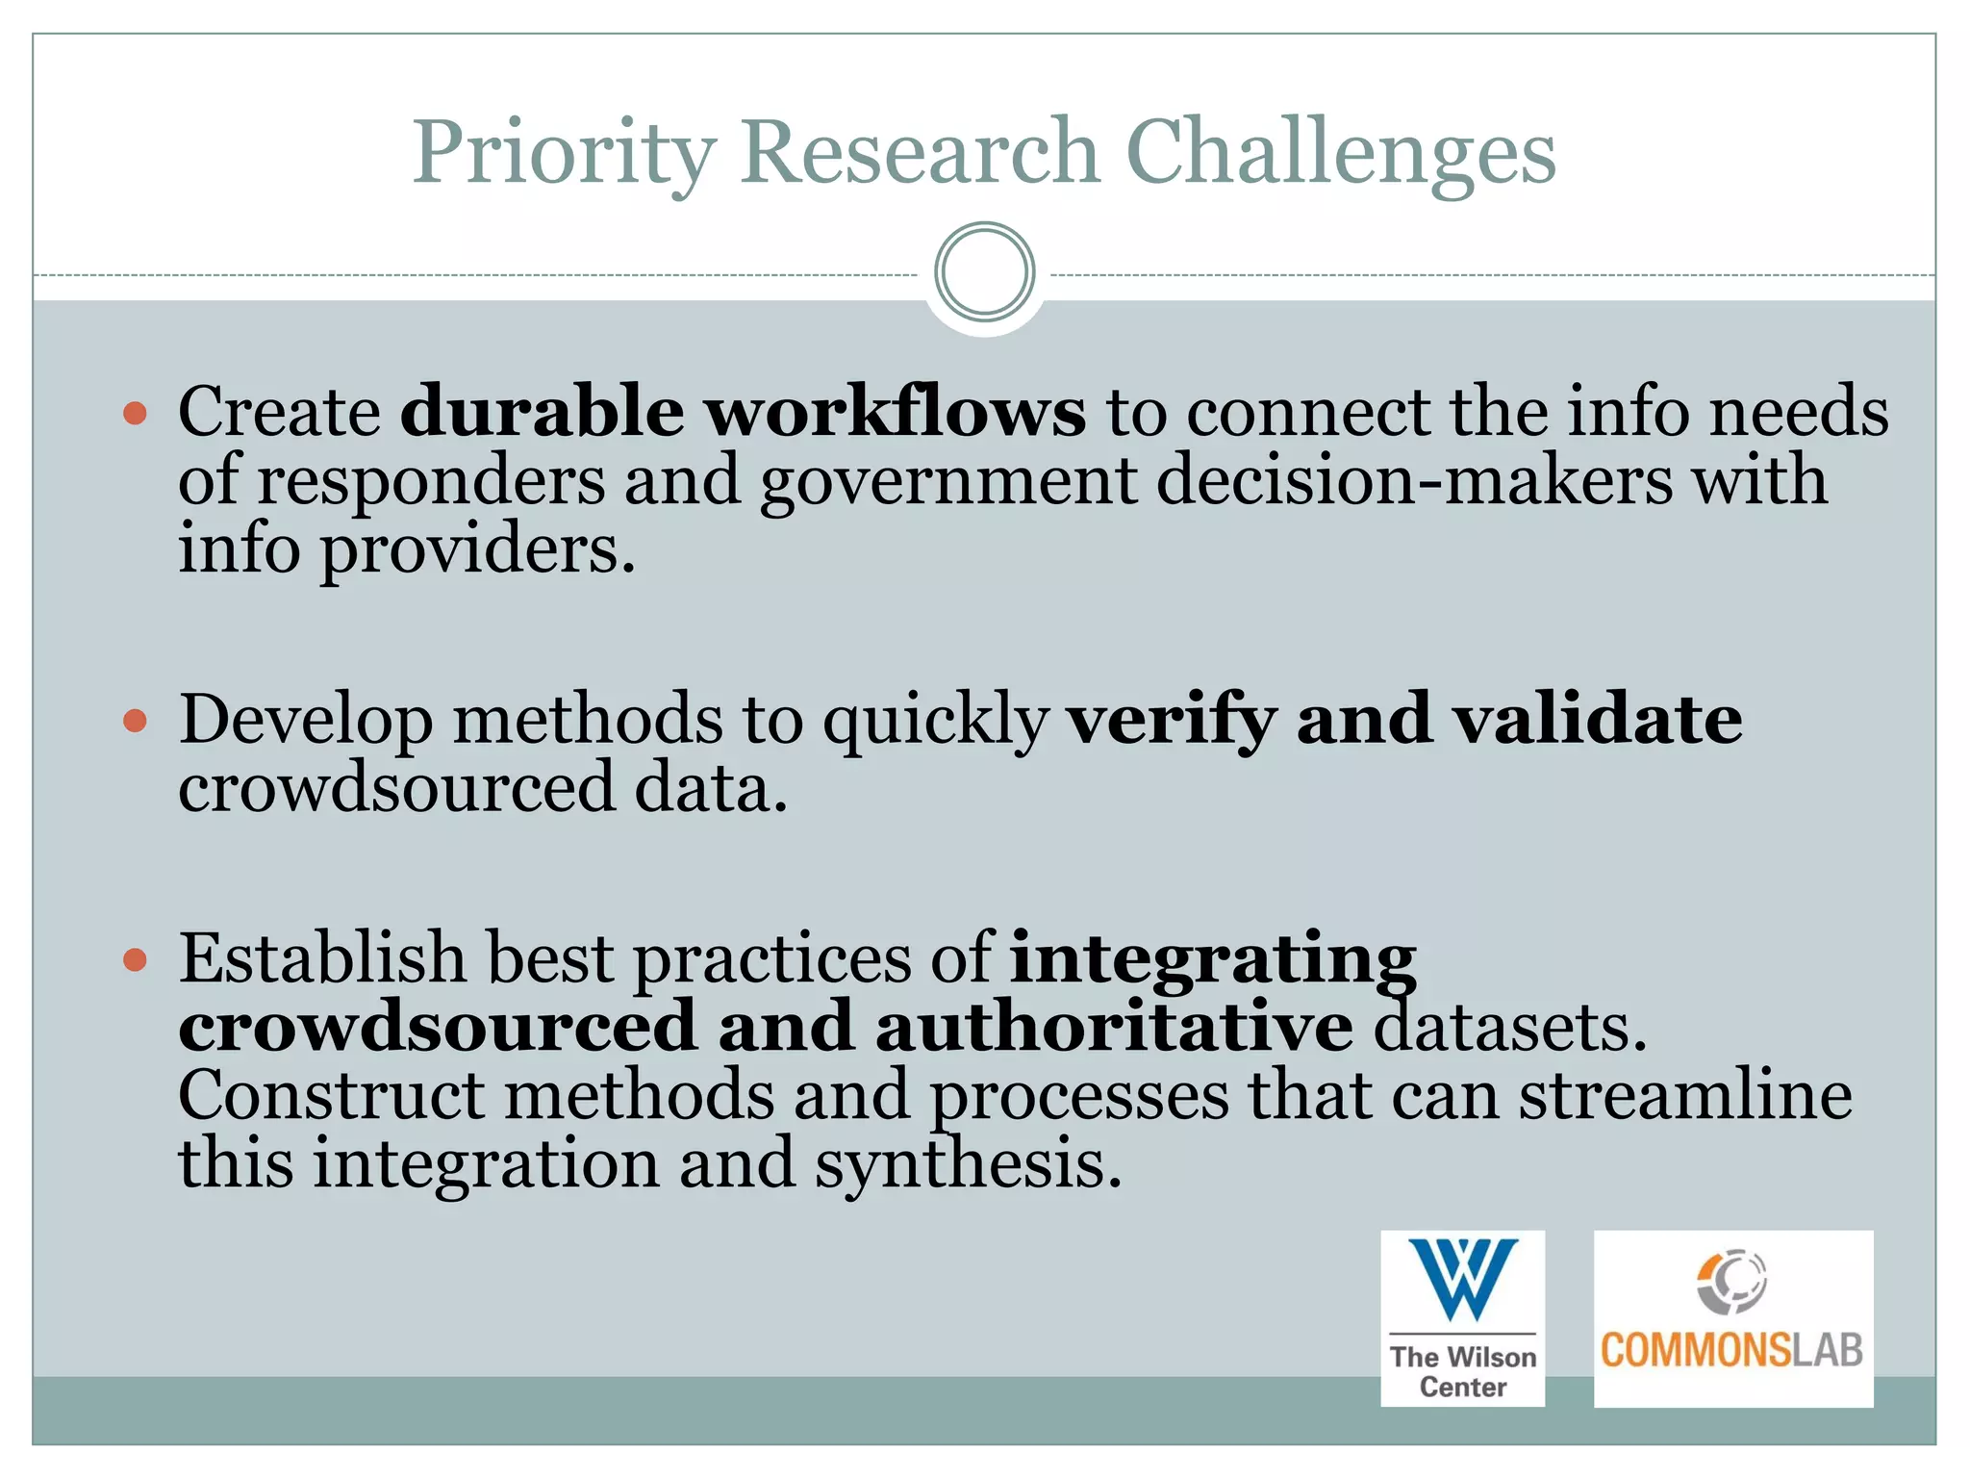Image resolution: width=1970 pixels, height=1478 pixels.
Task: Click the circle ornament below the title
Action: click(x=984, y=272)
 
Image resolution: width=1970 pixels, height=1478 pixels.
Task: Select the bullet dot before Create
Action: click(x=136, y=414)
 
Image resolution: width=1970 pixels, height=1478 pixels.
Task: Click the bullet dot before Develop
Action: click(x=136, y=721)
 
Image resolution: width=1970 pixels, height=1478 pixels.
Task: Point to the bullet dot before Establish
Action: click(x=136, y=959)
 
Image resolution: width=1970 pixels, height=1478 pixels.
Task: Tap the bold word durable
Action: click(x=543, y=412)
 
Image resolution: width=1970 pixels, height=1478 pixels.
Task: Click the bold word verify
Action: click(x=1173, y=720)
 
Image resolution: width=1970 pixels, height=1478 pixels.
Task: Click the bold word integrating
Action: click(x=1213, y=959)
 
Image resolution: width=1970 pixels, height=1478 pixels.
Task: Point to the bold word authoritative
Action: click(x=1114, y=1027)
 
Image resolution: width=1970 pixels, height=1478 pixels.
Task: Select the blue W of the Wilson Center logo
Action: click(x=1463, y=1279)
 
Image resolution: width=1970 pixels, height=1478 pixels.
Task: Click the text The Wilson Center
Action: click(x=1463, y=1371)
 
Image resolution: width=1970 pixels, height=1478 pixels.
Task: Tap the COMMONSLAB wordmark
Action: click(x=1731, y=1350)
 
